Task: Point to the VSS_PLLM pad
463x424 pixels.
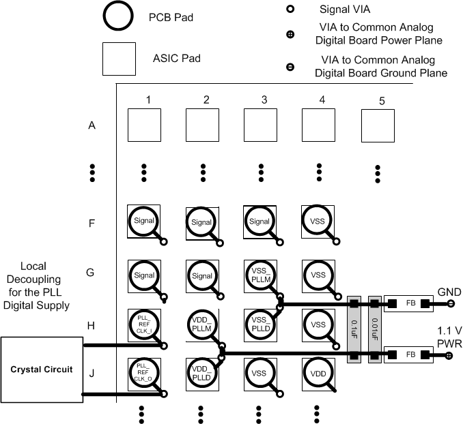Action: [x=259, y=276]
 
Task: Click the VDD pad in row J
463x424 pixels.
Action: [x=318, y=374]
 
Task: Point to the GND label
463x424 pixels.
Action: [x=450, y=292]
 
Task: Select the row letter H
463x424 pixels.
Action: [x=92, y=325]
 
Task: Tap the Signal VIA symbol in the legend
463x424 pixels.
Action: [x=290, y=10]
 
